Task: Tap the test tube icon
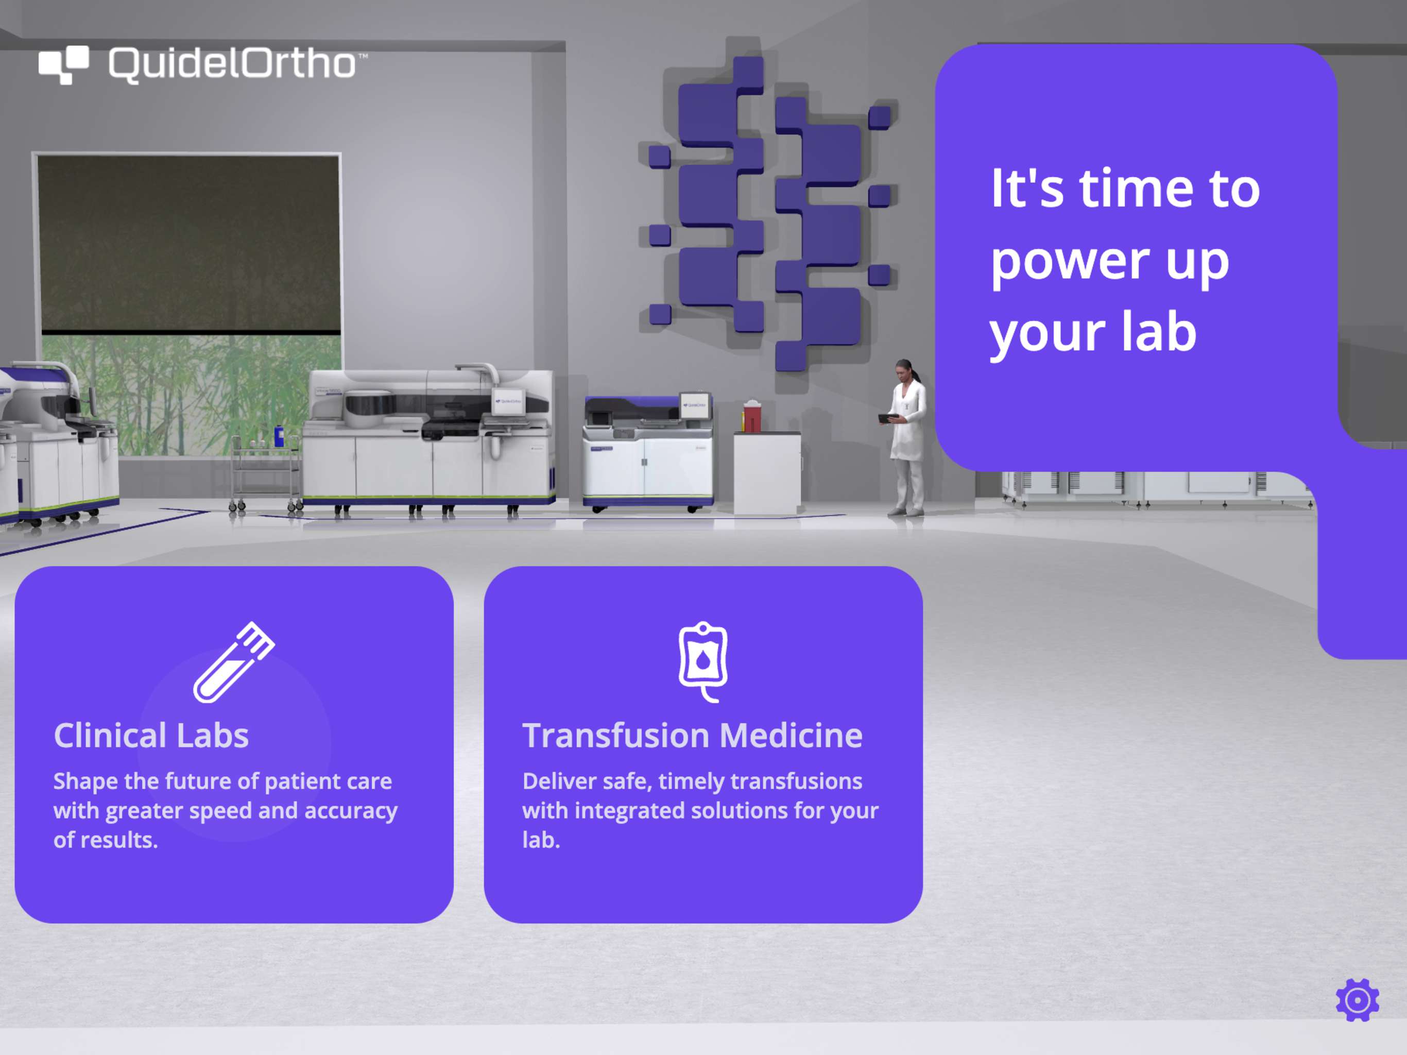233,662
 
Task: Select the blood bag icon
703,662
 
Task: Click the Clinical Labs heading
151,736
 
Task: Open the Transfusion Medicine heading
692,736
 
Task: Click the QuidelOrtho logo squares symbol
64,65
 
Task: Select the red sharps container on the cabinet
751,417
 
